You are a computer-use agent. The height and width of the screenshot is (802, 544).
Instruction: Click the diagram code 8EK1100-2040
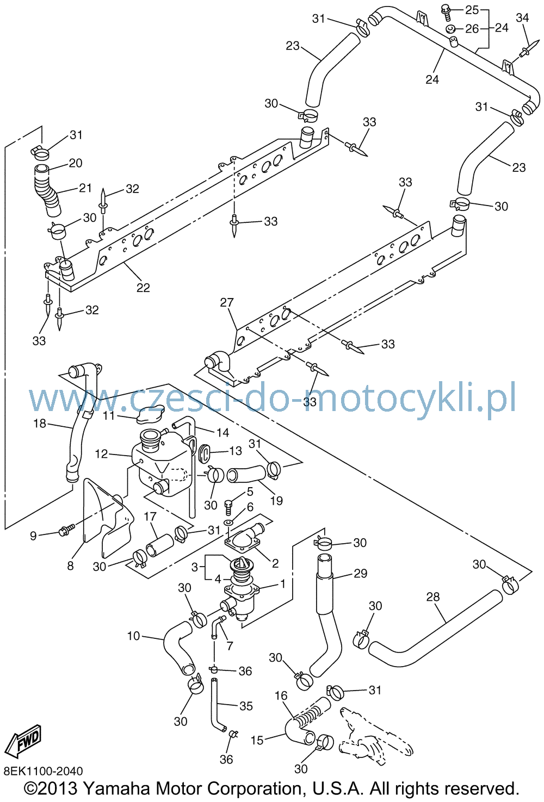pyautogui.click(x=44, y=771)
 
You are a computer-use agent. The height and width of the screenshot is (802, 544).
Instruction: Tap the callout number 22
pyautogui.click(x=143, y=288)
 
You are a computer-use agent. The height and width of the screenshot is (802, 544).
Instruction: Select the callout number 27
pyautogui.click(x=227, y=302)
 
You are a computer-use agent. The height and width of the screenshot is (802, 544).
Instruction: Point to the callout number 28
pyautogui.click(x=432, y=597)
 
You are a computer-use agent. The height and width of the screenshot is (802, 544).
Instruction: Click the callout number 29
pyautogui.click(x=360, y=573)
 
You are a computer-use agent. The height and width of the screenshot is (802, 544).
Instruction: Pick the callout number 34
pyautogui.click(x=522, y=17)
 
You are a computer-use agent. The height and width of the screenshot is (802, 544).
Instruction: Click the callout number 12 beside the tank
pyautogui.click(x=101, y=453)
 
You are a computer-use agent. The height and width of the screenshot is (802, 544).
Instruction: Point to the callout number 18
pyautogui.click(x=40, y=424)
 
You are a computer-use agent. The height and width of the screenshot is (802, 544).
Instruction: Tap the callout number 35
pyautogui.click(x=246, y=706)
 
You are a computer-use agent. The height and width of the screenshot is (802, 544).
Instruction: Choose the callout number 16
pyautogui.click(x=281, y=695)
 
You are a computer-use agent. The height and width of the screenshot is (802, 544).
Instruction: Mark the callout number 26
pyautogui.click(x=472, y=29)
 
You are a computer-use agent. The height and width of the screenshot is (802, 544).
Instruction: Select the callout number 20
pyautogui.click(x=75, y=163)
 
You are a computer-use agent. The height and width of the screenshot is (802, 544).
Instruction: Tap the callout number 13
pyautogui.click(x=236, y=451)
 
